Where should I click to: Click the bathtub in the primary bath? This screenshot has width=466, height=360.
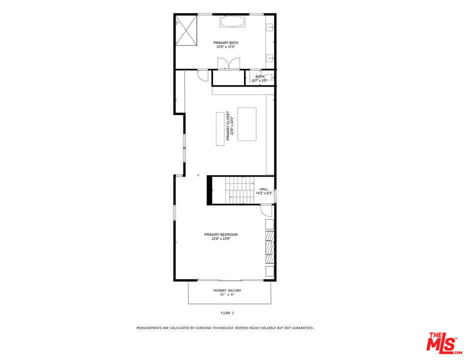click(x=232, y=22)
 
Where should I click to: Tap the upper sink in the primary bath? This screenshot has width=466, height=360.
click(x=270, y=27)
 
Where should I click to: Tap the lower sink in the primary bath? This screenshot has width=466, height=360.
click(x=270, y=58)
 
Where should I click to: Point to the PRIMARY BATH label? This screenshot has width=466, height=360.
click(x=225, y=43)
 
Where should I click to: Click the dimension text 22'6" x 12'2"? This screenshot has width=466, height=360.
click(x=225, y=47)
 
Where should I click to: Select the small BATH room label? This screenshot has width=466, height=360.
click(x=259, y=76)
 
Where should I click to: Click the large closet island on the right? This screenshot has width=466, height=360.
click(x=246, y=124)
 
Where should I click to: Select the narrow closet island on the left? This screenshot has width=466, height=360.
click(x=220, y=128)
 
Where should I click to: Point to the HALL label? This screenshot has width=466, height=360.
click(x=263, y=189)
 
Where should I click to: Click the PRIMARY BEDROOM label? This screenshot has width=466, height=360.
click(x=220, y=234)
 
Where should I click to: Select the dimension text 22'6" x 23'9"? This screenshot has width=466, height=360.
click(x=220, y=239)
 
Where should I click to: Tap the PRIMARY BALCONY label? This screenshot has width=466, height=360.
click(x=227, y=290)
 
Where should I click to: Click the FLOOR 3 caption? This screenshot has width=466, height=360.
click(x=227, y=313)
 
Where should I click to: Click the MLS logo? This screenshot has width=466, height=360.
click(x=442, y=342)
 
